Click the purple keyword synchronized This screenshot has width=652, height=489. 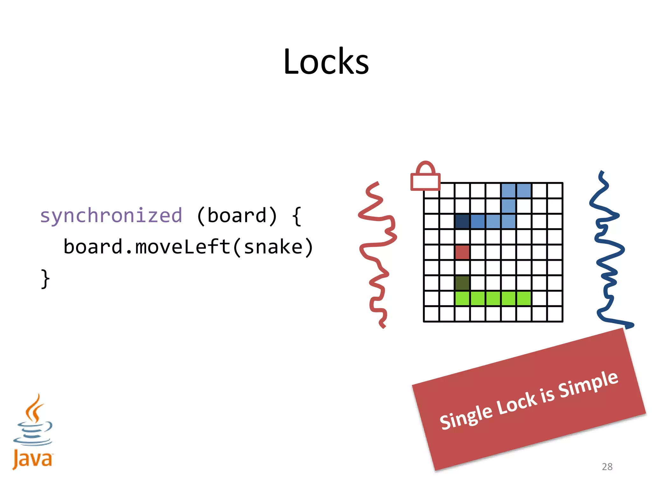click(111, 216)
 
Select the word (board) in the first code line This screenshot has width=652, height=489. click(237, 216)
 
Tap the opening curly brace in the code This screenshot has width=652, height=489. click(296, 216)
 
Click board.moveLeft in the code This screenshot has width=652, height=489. click(146, 247)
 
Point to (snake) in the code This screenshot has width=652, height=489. click(273, 247)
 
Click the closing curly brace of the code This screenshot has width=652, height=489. click(45, 279)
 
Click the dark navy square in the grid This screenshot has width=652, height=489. click(462, 221)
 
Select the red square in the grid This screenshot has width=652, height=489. click(462, 252)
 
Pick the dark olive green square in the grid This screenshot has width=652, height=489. click(462, 283)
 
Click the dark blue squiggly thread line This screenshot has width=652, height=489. click(608, 252)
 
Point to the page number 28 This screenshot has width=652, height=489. click(607, 466)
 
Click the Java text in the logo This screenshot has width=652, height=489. click(32, 459)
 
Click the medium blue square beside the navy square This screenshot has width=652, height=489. click(478, 221)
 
